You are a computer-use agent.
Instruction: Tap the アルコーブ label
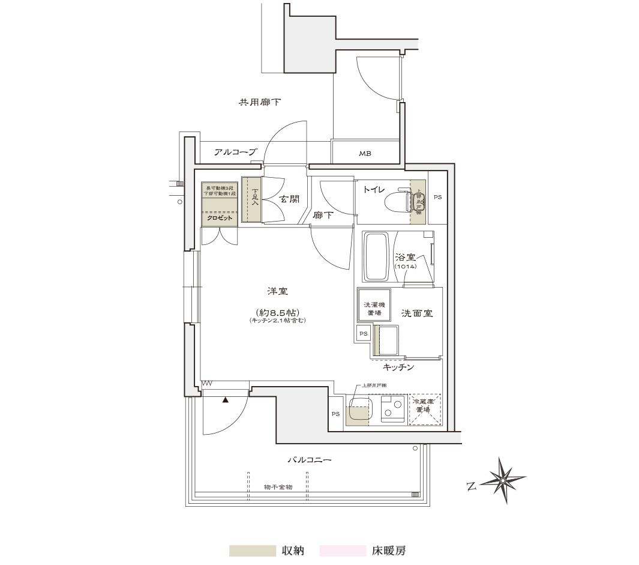click(x=235, y=153)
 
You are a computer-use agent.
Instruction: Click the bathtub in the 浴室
click(x=377, y=257)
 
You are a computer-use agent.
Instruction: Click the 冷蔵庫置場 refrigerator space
click(x=425, y=410)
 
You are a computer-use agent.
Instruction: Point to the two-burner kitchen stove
click(x=393, y=409)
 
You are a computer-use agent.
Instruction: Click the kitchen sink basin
click(x=359, y=410)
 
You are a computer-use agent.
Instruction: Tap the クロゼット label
click(x=220, y=218)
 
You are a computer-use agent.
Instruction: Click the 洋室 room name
click(x=277, y=292)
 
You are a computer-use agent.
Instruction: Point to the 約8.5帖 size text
click(x=277, y=312)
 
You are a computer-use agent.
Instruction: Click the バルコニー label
click(x=310, y=461)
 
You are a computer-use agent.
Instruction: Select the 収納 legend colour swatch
click(x=252, y=551)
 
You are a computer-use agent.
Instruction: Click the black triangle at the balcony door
click(x=226, y=399)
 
